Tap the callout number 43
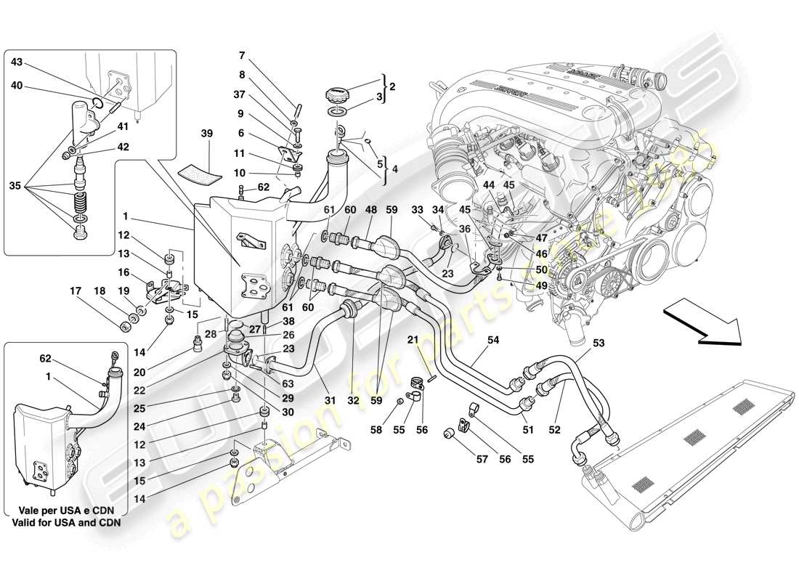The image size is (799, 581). (17, 62)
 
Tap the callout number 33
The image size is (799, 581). (418, 211)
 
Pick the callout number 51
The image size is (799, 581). (528, 430)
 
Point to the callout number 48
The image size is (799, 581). (370, 211)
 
